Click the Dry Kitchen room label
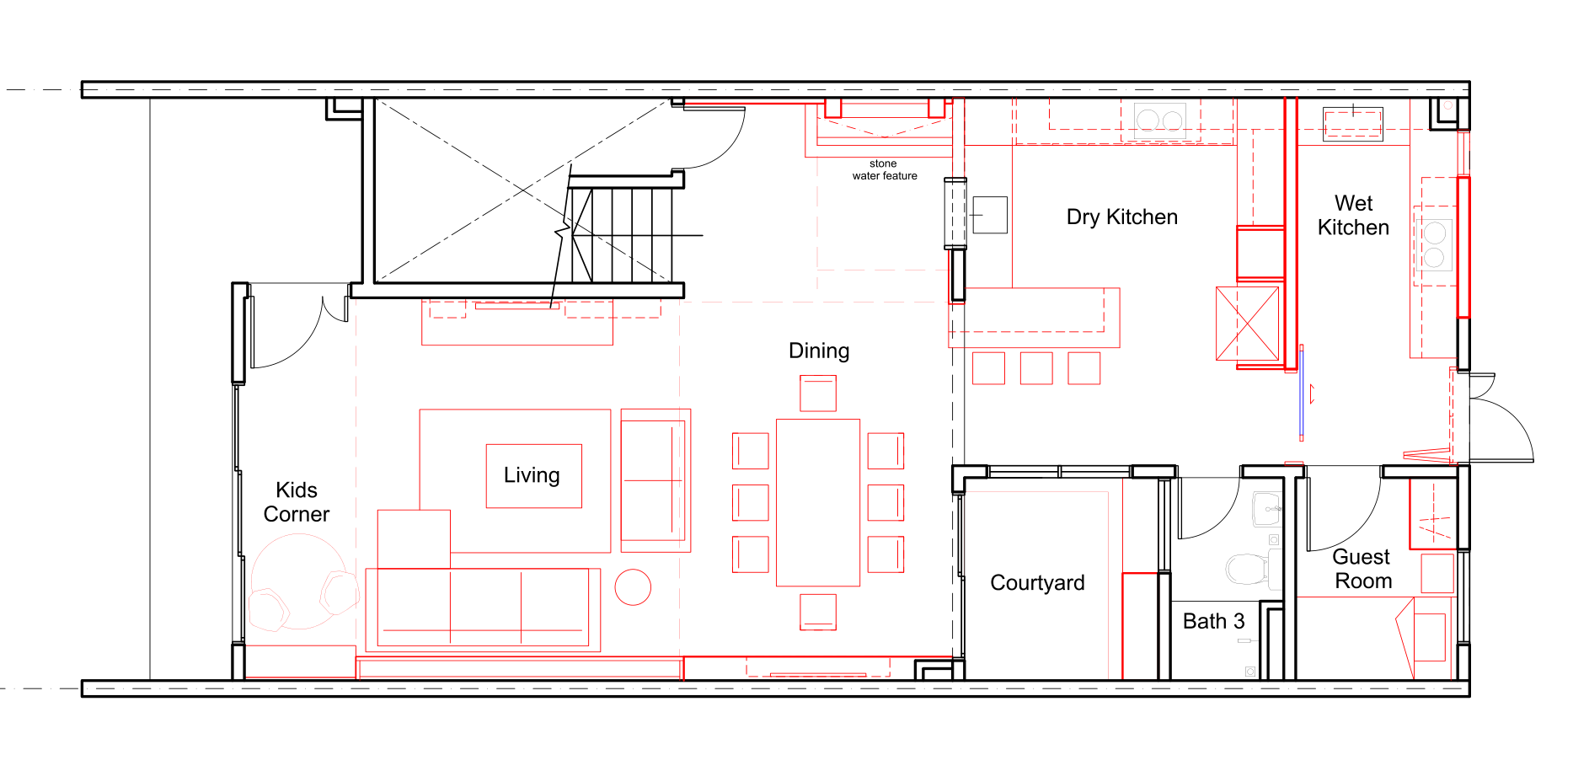[1121, 217]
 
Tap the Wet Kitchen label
[1353, 216]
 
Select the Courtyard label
[1037, 583]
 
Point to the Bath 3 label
[1213, 622]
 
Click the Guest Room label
[1362, 570]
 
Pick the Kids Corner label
[297, 502]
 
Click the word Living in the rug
[532, 475]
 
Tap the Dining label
[819, 351]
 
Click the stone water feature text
[884, 170]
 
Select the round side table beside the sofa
[633, 587]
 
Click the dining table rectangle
[818, 502]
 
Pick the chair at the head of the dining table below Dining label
[818, 394]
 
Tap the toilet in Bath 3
[1246, 569]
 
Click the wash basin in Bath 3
[1266, 509]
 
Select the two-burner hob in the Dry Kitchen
[1160, 121]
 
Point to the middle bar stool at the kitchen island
[1036, 368]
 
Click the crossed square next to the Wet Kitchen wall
[1247, 324]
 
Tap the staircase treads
[623, 236]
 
